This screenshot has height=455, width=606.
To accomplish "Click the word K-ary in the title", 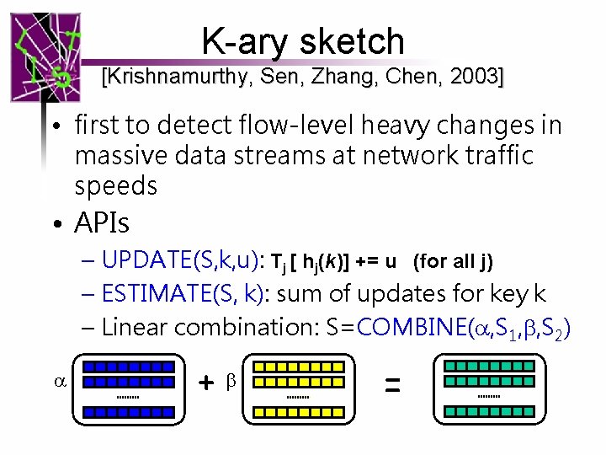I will [x=243, y=41].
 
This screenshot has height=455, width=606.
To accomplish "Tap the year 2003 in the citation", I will [x=476, y=78].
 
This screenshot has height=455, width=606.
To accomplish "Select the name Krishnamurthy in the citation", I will [x=171, y=78].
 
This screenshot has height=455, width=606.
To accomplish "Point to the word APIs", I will [x=102, y=223].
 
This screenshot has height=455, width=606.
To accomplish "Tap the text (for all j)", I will [x=453, y=261].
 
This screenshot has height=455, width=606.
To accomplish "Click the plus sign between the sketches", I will [x=205, y=383].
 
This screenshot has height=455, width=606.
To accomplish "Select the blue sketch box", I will [x=128, y=388].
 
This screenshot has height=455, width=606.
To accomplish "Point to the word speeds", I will [x=115, y=185].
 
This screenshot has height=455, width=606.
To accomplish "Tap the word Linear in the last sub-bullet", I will [x=136, y=328].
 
